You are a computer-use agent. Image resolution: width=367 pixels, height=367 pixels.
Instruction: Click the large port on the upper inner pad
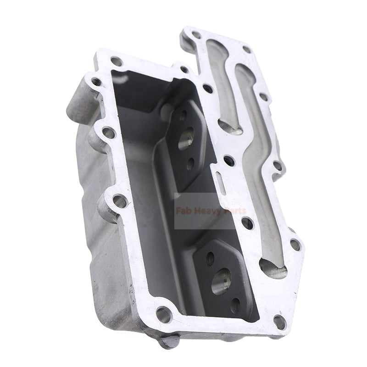tap(186, 138)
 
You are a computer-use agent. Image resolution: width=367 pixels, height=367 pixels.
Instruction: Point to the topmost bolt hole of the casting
tap(196, 34)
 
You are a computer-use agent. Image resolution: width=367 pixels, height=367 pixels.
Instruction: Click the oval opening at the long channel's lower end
tap(272, 267)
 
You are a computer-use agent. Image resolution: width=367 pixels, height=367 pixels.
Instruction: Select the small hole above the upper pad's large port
tap(182, 117)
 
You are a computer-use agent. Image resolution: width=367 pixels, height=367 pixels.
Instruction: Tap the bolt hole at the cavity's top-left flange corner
tap(117, 61)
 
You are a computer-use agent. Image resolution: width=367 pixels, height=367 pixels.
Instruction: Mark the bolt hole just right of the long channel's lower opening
tap(295, 245)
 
